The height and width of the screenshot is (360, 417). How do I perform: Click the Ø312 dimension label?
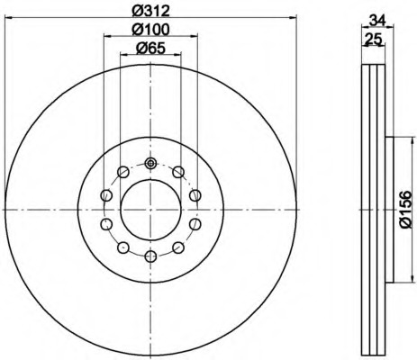click(151, 11)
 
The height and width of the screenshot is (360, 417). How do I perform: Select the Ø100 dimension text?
click(151, 29)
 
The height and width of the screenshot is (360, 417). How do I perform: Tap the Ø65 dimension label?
click(150, 48)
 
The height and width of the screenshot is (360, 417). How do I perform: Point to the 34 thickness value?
click(377, 21)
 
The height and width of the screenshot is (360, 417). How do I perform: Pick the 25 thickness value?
click(373, 39)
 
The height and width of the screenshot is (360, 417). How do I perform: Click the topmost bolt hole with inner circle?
click(150, 163)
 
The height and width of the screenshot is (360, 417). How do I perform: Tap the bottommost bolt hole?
click(150, 256)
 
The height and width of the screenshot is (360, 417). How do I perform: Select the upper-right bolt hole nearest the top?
click(178, 172)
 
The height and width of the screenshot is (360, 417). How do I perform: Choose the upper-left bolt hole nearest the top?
click(123, 172)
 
